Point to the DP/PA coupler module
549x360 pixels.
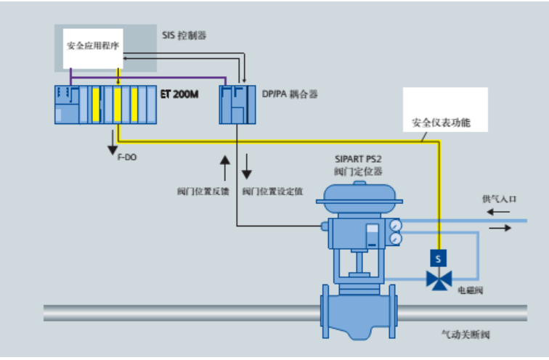pos(236,104)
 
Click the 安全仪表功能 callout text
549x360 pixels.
pos(441,123)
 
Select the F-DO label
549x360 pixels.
pos(126,157)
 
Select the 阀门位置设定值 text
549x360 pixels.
pos(272,192)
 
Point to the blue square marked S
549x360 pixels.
pos(438,257)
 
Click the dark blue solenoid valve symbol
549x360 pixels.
pos(438,279)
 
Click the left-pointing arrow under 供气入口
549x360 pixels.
pos(498,212)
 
